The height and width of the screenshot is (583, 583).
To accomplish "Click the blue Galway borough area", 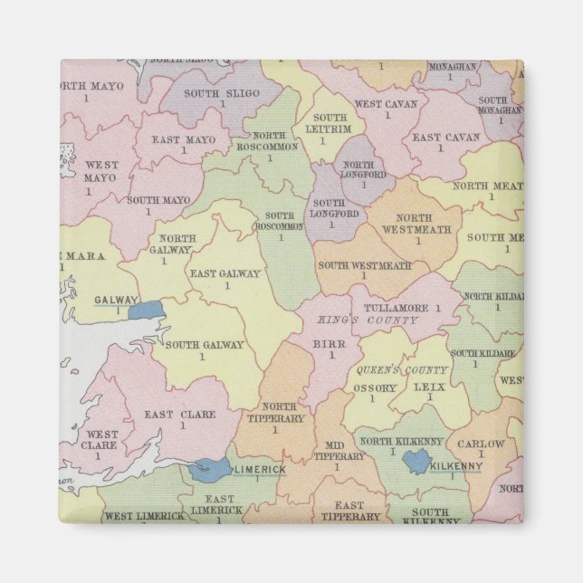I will click(144, 311).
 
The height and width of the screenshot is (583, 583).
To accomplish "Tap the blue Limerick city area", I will click(210, 469).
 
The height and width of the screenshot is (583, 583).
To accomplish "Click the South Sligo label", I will click(222, 93).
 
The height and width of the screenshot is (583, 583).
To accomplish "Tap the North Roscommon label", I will click(269, 141).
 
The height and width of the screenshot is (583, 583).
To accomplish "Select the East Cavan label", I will click(445, 138).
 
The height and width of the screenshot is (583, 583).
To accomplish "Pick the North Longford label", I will click(364, 169).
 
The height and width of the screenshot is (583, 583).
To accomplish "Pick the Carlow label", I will click(481, 444).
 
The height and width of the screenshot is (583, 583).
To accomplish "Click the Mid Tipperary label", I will click(339, 451).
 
